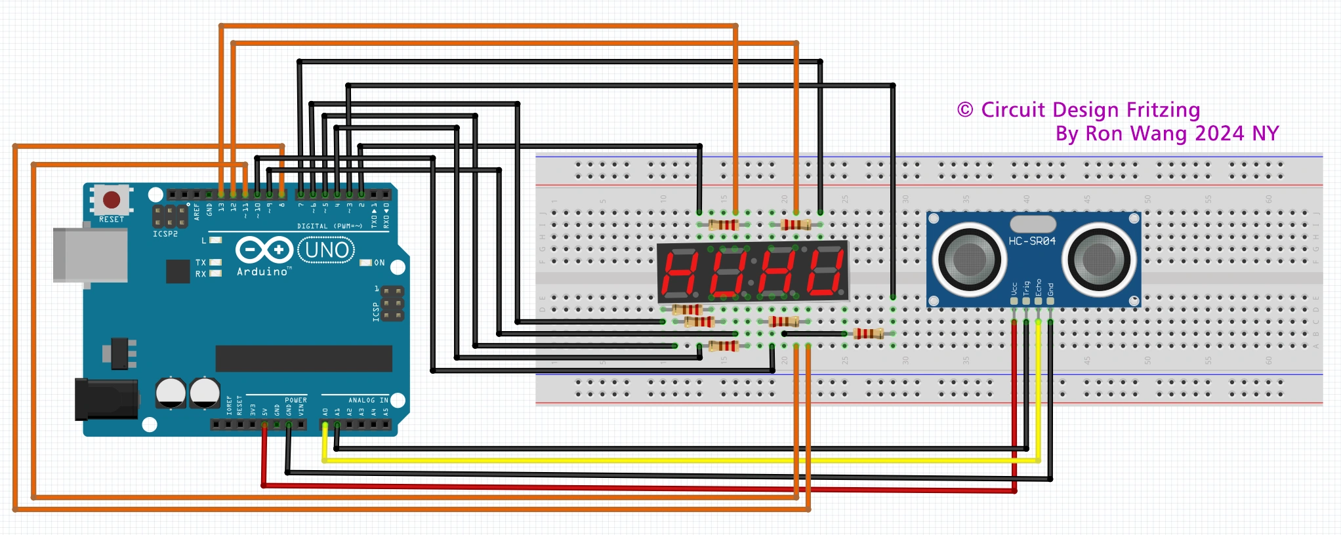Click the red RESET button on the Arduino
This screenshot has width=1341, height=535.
click(112, 199)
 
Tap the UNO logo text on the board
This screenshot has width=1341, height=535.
click(327, 250)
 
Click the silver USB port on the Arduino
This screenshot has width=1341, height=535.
click(90, 255)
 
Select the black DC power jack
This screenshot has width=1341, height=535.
click(106, 399)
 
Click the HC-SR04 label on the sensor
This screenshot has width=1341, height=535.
click(1032, 241)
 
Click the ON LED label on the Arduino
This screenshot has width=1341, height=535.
click(379, 263)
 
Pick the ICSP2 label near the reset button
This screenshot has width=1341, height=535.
click(165, 234)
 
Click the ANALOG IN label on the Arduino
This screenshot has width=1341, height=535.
click(368, 400)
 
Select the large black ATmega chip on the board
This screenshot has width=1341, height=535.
click(304, 359)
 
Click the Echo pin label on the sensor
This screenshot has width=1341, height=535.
click(1038, 287)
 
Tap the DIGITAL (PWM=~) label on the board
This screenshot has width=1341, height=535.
click(329, 226)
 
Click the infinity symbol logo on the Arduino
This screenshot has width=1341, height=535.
click(264, 250)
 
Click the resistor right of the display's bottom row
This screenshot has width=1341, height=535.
click(868, 334)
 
